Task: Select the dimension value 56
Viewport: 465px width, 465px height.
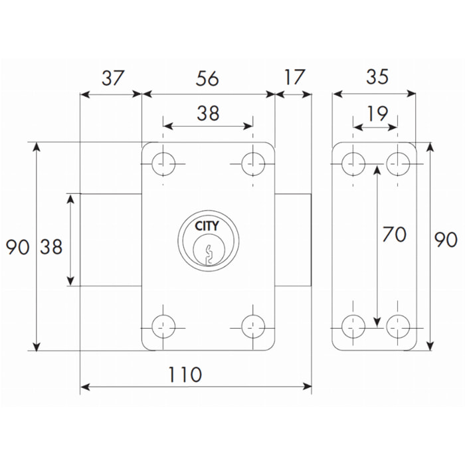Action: (208, 78)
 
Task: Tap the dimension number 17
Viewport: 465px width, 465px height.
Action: (293, 78)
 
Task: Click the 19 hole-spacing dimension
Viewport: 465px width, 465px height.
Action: (376, 114)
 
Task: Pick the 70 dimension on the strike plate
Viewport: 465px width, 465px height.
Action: (395, 235)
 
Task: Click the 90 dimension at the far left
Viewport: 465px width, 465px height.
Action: (18, 247)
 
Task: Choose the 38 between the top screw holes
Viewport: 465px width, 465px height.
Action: (208, 114)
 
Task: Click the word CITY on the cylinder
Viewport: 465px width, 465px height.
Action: (207, 226)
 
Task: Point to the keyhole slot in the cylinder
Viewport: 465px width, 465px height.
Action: (208, 253)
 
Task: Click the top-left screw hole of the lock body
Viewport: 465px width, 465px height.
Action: (162, 163)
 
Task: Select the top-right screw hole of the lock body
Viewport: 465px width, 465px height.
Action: (252, 163)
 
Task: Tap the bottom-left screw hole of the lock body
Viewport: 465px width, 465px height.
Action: (162, 326)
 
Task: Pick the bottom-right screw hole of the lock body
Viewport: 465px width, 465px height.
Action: (252, 326)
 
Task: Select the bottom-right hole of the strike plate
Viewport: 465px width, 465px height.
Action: (398, 326)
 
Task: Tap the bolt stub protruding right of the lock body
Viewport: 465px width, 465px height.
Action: (293, 240)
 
